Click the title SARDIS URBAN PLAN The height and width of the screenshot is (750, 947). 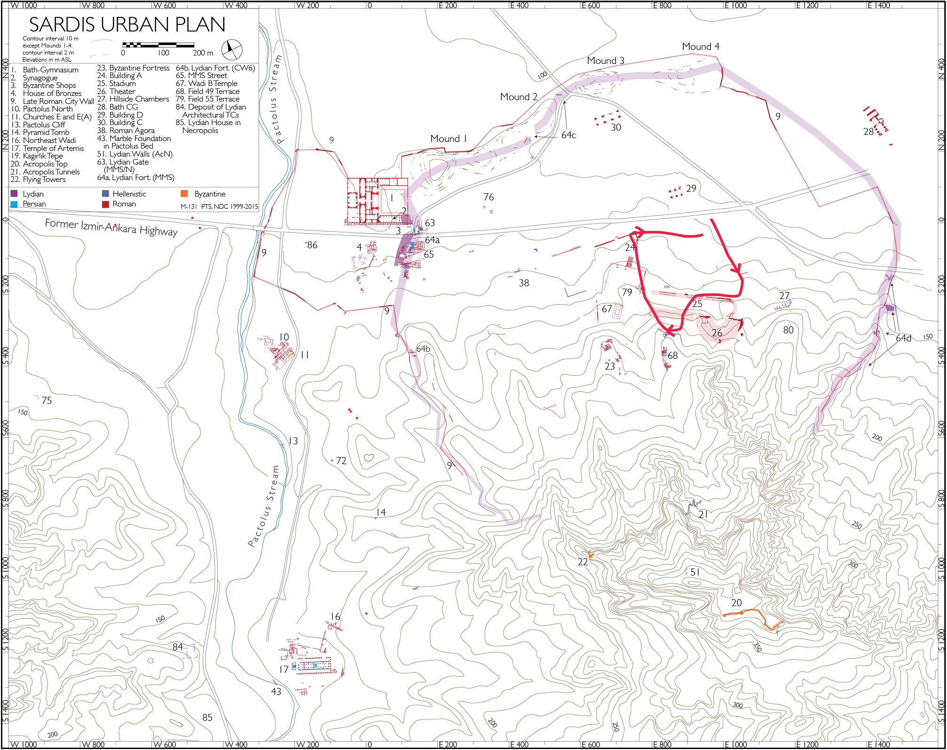(x=127, y=24)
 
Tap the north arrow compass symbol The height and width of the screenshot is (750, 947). (x=231, y=49)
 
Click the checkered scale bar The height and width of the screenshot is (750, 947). (x=158, y=45)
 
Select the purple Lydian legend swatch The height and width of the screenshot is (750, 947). (x=14, y=194)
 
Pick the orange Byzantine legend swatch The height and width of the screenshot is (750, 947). (x=184, y=194)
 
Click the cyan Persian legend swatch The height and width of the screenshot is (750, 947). (x=14, y=204)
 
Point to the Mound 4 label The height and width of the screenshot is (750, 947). (x=700, y=47)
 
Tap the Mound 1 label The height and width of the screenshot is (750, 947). (x=448, y=139)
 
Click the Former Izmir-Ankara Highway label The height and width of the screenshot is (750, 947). (x=111, y=227)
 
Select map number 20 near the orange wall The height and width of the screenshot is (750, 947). (x=736, y=603)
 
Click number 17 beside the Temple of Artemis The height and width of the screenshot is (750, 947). (x=284, y=669)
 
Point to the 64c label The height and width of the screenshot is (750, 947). (x=568, y=135)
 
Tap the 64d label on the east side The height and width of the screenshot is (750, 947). (x=903, y=338)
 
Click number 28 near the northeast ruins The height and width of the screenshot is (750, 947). (x=868, y=132)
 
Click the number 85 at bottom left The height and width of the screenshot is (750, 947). (x=207, y=718)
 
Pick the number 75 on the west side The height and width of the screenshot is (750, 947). (x=47, y=401)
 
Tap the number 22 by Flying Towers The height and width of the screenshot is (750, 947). (x=583, y=562)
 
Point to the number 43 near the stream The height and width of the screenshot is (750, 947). (x=276, y=692)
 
